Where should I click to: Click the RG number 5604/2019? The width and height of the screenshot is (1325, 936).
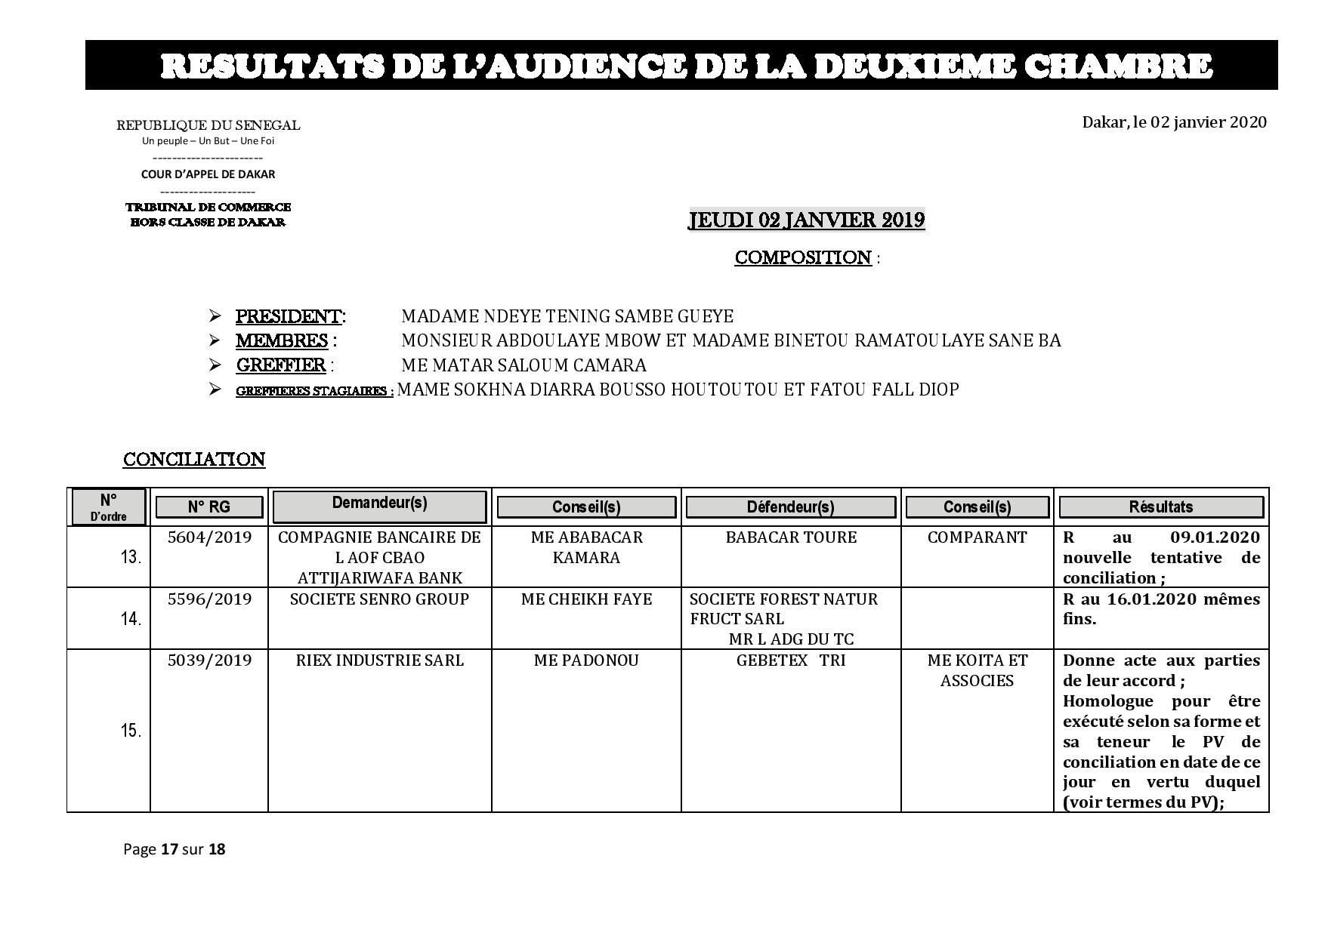click(x=209, y=537)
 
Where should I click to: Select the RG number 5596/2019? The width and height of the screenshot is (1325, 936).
click(x=209, y=599)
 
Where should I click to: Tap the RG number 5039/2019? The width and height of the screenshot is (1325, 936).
click(x=209, y=660)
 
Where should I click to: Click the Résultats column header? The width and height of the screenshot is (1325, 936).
click(x=1160, y=506)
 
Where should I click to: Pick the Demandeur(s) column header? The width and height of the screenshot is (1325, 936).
click(x=379, y=504)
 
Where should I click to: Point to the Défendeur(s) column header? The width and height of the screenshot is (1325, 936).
click(x=790, y=506)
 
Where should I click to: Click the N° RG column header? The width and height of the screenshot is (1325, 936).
click(x=208, y=506)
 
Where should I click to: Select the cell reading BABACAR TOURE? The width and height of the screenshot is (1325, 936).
click(x=791, y=537)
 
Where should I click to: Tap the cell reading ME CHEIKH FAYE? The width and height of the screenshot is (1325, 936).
click(x=586, y=599)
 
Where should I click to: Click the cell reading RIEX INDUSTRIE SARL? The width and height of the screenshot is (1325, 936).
click(x=379, y=660)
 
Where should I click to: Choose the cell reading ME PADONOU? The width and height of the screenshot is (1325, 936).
click(x=586, y=660)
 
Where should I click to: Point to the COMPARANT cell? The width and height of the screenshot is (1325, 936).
click(x=977, y=537)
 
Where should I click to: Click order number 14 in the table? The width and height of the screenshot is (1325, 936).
click(x=131, y=619)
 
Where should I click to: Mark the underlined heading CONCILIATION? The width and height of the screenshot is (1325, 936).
click(x=194, y=459)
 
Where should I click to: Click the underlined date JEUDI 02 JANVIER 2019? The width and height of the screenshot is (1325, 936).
click(x=806, y=220)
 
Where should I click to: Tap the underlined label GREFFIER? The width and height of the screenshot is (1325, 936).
click(x=281, y=365)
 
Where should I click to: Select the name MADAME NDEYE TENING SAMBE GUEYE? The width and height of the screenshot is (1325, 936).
click(x=567, y=316)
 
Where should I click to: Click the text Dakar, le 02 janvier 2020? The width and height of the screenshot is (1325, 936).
click(x=1174, y=122)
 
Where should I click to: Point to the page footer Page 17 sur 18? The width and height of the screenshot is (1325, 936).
click(x=174, y=849)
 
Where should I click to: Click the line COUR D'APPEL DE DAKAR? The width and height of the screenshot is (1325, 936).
click(x=208, y=174)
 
